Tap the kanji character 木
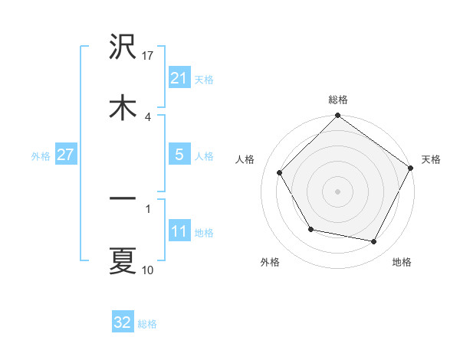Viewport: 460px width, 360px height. click(x=123, y=107)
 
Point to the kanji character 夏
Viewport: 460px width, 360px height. click(x=123, y=260)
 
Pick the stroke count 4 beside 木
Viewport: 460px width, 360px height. click(x=147, y=116)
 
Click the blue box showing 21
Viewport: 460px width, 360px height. click(x=179, y=77)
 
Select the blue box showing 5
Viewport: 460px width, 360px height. click(x=179, y=155)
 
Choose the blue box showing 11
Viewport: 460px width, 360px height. click(x=179, y=231)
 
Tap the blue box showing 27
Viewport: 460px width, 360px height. click(x=66, y=155)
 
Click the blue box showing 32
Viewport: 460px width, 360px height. click(x=123, y=322)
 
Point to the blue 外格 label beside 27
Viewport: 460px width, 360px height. click(x=41, y=155)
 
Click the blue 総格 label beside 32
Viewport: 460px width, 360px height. click(x=147, y=324)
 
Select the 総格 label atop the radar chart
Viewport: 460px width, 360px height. click(x=338, y=100)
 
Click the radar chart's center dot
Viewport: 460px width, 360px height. click(x=337, y=191)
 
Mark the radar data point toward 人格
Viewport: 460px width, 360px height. click(x=279, y=172)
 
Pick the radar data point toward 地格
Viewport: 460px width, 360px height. click(x=374, y=241)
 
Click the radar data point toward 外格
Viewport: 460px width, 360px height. click(x=310, y=229)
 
